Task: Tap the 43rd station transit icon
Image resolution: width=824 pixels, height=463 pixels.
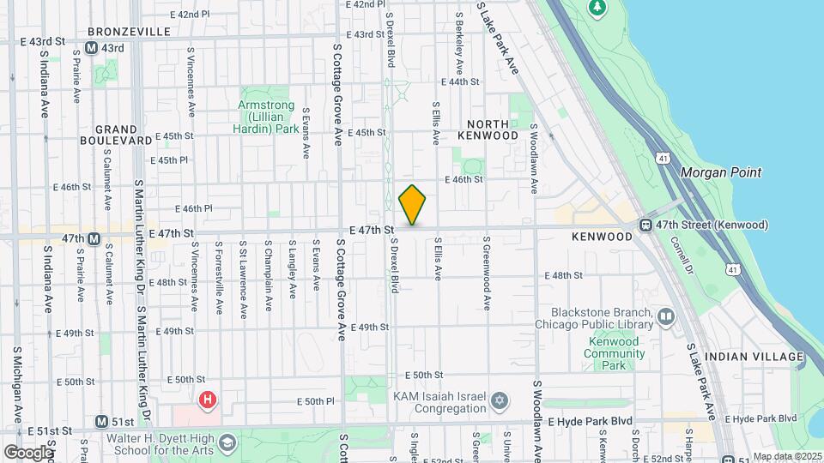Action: pos(94,48)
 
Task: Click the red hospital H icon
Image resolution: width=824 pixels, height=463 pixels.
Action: pos(206,400)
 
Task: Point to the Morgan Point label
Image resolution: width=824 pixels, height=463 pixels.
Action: pos(720,172)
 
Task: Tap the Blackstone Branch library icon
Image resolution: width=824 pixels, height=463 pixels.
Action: pos(666,318)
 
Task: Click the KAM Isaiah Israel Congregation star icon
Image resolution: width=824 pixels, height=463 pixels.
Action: pos(498,401)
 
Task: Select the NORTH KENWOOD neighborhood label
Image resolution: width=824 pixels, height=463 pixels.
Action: pos(488,129)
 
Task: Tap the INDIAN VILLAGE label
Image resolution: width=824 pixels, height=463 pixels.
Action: pos(754,356)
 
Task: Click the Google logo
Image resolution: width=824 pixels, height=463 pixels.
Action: pos(28,452)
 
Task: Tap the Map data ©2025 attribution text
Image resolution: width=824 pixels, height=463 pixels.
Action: pos(786,456)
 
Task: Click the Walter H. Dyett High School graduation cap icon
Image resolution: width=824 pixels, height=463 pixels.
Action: pos(227,442)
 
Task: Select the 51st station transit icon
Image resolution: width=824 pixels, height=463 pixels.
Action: pos(102,422)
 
